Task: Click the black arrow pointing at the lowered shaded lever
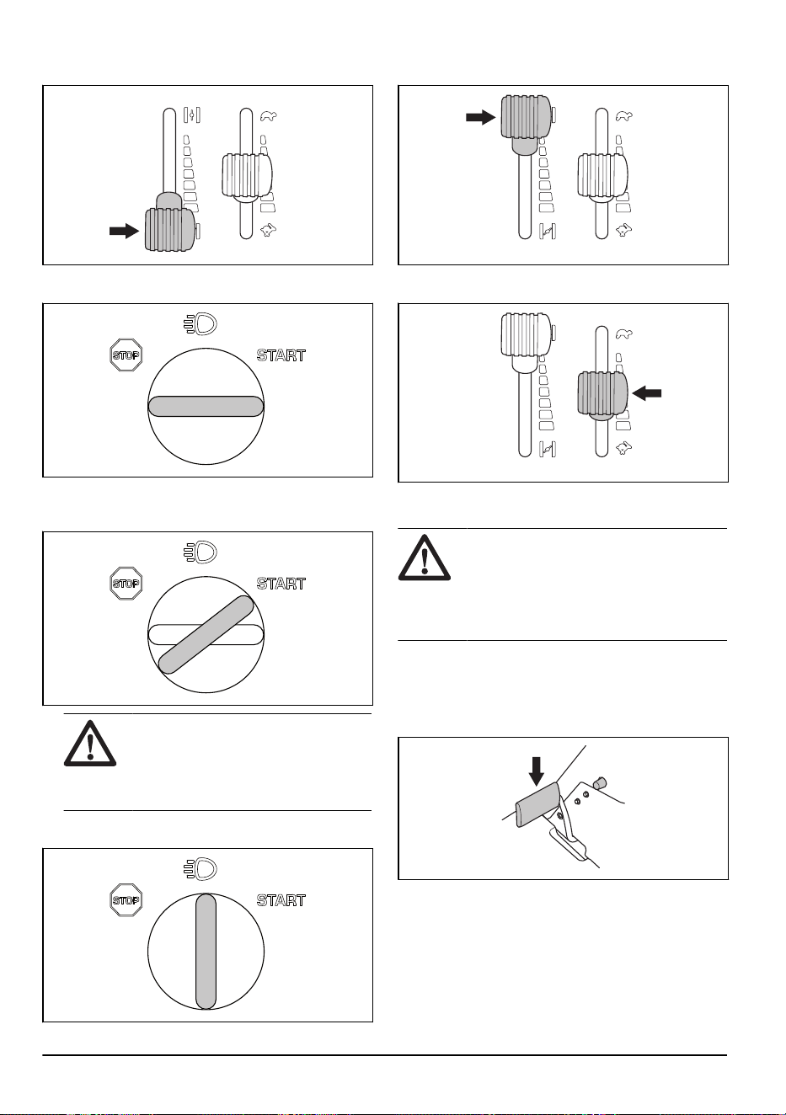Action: pyautogui.click(x=124, y=231)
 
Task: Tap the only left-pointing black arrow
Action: pyautogui.click(x=646, y=393)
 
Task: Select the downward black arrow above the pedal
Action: pyautogui.click(x=536, y=771)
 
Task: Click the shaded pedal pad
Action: pyautogui.click(x=538, y=804)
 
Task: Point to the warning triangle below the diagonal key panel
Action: pyautogui.click(x=89, y=744)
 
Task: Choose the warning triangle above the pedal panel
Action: pyautogui.click(x=425, y=558)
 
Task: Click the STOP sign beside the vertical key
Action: pyautogui.click(x=126, y=900)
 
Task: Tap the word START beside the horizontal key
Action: pyautogui.click(x=281, y=355)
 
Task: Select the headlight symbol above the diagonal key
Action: pyautogui.click(x=201, y=552)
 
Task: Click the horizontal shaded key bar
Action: pyautogui.click(x=206, y=406)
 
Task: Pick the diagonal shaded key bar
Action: pyautogui.click(x=206, y=635)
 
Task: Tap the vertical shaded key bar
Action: pyautogui.click(x=206, y=952)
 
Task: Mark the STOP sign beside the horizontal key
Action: pyautogui.click(x=126, y=355)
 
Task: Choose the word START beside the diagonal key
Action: pyautogui.click(x=281, y=583)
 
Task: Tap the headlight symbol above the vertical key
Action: pyautogui.click(x=201, y=869)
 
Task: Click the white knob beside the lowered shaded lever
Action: pyautogui.click(x=247, y=175)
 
